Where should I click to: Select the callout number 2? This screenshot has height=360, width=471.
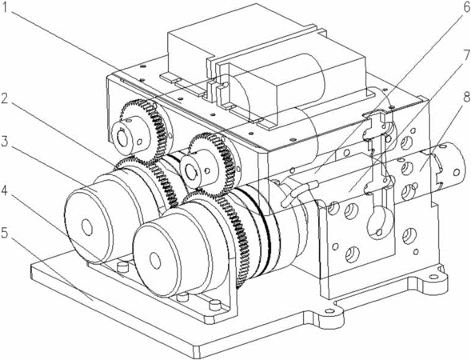(x=4, y=98)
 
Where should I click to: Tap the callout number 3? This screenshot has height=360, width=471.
(x=4, y=142)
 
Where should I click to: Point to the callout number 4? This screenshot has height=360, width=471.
(x=4, y=190)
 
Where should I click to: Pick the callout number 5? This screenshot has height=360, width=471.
(x=4, y=233)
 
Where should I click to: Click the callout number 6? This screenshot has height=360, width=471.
(x=466, y=8)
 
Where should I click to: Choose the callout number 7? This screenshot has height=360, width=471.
(x=466, y=55)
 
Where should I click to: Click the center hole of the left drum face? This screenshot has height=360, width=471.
(x=87, y=227)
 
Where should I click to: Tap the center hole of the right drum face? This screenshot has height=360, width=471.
(x=155, y=261)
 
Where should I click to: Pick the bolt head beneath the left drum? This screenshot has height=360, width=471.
(x=122, y=266)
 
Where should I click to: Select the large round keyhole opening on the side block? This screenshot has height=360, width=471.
(x=380, y=222)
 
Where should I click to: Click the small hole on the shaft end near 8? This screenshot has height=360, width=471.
(x=457, y=173)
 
